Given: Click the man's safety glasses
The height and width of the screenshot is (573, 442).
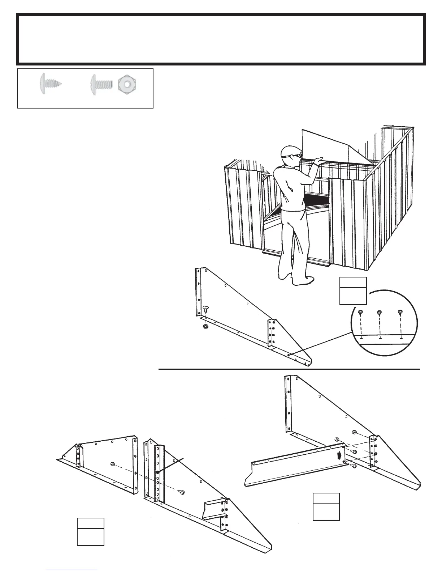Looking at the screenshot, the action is click(295, 156).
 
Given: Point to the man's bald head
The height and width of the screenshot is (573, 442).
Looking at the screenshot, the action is click(289, 150).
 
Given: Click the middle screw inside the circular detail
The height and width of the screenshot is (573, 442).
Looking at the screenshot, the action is click(379, 312).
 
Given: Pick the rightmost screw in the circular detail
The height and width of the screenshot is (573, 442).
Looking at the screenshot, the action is click(400, 312).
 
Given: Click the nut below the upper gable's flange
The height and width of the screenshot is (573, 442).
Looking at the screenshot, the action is click(204, 326).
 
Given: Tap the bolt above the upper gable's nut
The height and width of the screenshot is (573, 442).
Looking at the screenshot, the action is click(206, 309).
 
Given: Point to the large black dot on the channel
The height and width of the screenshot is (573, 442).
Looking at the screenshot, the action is click(158, 472).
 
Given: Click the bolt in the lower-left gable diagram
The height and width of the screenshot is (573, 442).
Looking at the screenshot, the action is click(182, 492).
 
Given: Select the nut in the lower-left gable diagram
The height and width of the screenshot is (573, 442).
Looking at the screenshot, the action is click(113, 464).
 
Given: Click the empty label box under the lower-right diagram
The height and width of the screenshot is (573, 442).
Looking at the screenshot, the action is click(326, 506).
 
